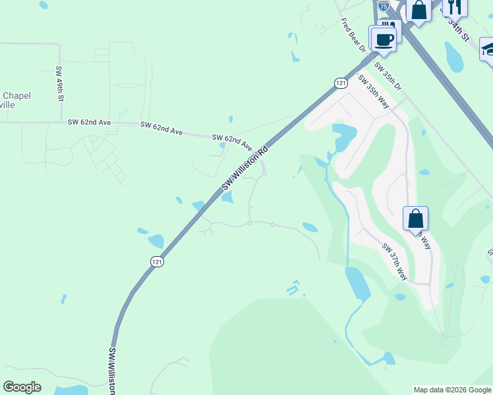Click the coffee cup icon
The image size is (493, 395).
pos(383,39)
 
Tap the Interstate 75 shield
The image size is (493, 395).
pos(384,5)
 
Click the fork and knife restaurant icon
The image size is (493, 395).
pos(454,6)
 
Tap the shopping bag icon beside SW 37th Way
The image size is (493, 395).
pos(415,219)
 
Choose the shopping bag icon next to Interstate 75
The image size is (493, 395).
pos(419,10)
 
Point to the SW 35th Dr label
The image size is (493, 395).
pos(388,76)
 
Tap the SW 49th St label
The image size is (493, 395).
pos(59,84)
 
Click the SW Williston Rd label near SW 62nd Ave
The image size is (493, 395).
pos(245,169)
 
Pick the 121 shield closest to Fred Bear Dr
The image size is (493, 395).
pos(340,83)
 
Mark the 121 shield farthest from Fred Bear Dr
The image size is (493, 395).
pos(157,261)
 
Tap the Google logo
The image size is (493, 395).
pos(22,387)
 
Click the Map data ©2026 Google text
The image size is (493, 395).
pos(452,390)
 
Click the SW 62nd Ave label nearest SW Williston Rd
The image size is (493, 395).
pos(232,141)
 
